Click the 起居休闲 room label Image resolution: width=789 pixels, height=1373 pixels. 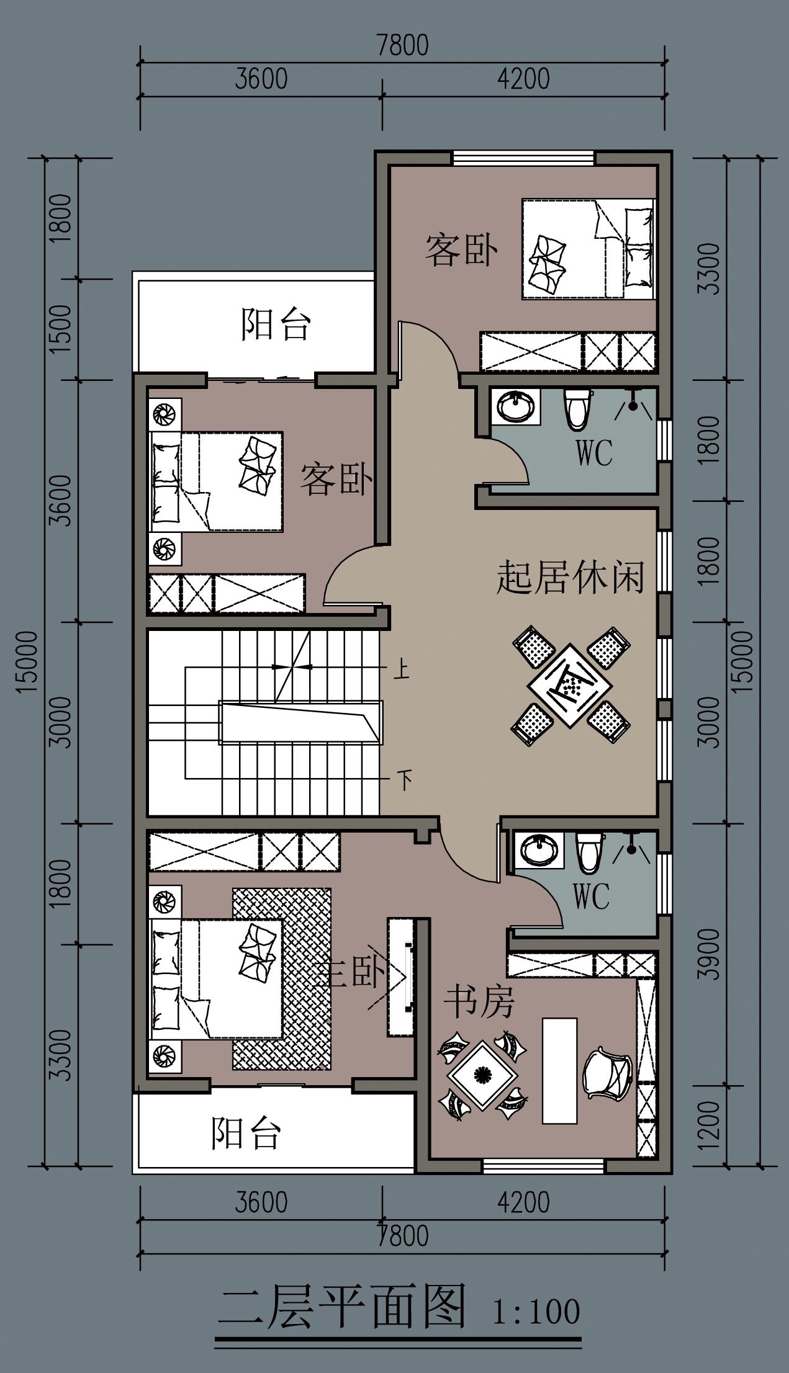click(569, 578)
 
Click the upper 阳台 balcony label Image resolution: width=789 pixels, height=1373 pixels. click(275, 324)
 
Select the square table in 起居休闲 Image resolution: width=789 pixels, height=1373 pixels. click(569, 686)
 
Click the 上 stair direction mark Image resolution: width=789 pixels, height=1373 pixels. click(402, 671)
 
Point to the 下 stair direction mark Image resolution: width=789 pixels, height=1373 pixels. click(404, 779)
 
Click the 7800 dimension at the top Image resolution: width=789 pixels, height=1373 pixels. click(403, 46)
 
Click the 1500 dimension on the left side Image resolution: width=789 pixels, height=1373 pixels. click(61, 329)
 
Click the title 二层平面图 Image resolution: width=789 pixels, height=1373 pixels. click(342, 1307)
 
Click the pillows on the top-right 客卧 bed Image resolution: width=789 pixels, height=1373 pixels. click(639, 248)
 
